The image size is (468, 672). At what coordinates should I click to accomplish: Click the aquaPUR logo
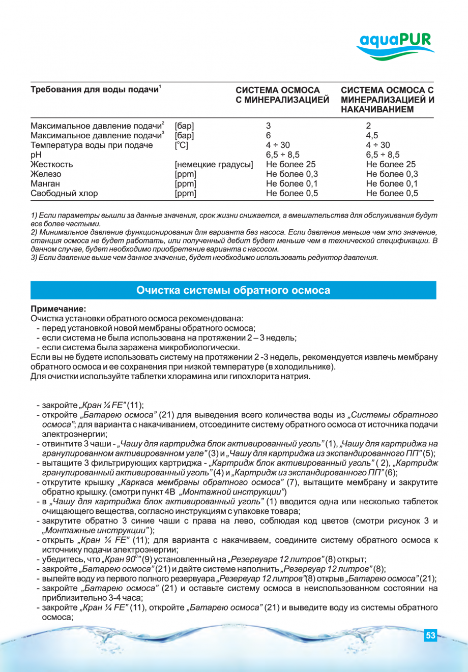[395, 45]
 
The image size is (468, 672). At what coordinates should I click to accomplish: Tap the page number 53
[430, 635]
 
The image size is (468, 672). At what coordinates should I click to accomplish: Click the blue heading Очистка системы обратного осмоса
[233, 290]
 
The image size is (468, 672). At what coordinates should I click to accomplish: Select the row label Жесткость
[52, 164]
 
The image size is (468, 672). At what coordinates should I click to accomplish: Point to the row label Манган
[45, 184]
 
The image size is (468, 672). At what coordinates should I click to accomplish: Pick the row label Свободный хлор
[64, 193]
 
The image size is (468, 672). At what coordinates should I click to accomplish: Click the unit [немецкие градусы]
[214, 164]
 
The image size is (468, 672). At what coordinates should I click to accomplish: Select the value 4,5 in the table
[372, 135]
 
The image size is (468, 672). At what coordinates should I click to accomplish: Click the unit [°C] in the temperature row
[181, 145]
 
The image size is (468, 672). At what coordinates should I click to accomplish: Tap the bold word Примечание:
[58, 309]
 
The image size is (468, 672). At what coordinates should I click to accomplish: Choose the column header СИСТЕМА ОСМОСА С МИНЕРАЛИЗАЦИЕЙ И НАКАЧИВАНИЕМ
[387, 99]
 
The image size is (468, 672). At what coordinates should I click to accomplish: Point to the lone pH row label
[36, 155]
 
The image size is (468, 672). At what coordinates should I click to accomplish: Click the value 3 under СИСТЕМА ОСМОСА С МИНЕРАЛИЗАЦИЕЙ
[269, 126]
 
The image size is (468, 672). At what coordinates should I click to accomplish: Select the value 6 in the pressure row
[269, 135]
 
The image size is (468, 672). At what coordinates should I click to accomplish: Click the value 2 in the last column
[369, 126]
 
